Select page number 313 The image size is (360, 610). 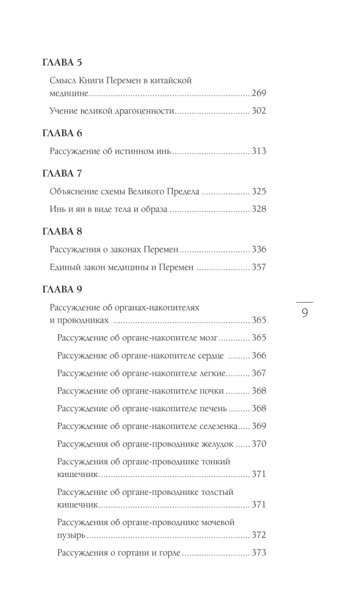pyautogui.click(x=259, y=151)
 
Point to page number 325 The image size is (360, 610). pyautogui.click(x=259, y=192)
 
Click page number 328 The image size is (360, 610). pyautogui.click(x=259, y=209)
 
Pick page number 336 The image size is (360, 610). pyautogui.click(x=259, y=249)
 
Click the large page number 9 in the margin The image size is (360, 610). pyautogui.click(x=304, y=314)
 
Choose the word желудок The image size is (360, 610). pyautogui.click(x=215, y=443)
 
